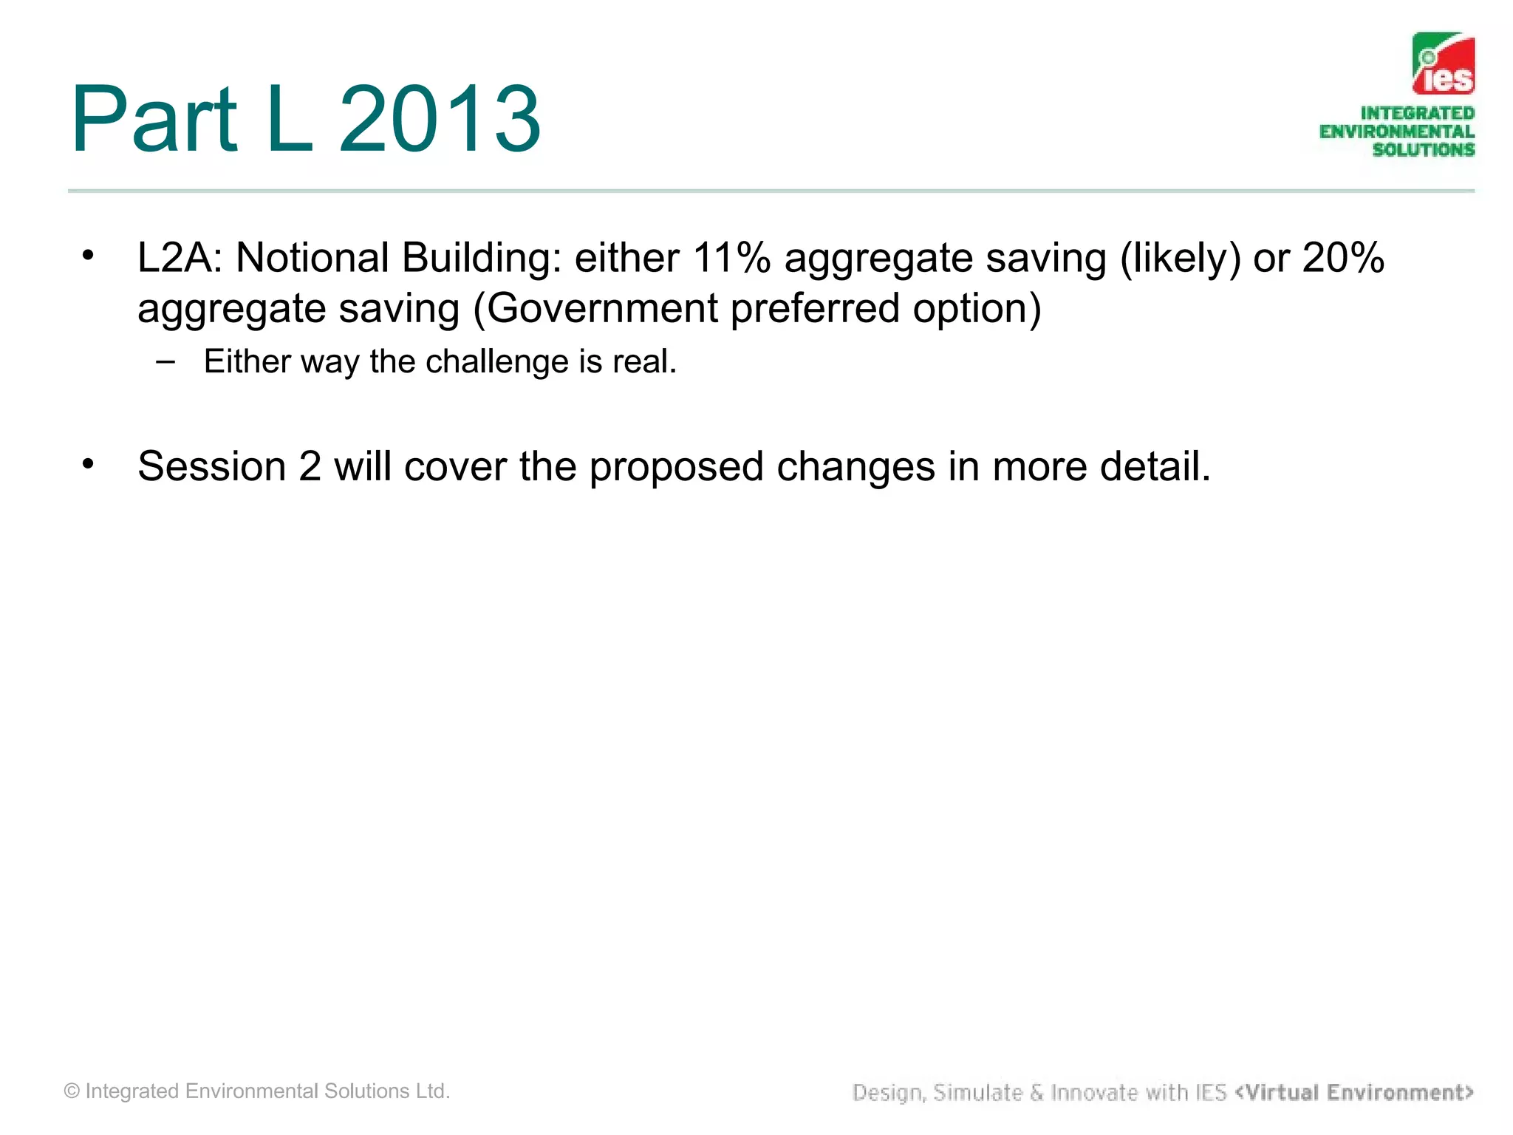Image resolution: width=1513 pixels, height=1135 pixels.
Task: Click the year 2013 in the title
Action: pos(440,120)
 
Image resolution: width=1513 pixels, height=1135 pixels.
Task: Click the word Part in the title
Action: pos(154,120)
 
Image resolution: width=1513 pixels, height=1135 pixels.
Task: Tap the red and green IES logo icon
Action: pos(1443,64)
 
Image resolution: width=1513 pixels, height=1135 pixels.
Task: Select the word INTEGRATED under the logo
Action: pos(1417,113)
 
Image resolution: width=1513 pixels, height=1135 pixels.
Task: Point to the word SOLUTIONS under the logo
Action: pos(1423,149)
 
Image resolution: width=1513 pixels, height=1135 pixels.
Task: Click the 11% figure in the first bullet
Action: pos(731,258)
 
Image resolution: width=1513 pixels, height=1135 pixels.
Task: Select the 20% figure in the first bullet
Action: pos(1342,258)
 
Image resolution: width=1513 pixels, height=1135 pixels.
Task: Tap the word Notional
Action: pos(312,258)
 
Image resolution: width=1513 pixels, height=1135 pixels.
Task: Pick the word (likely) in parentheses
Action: pos(1180,258)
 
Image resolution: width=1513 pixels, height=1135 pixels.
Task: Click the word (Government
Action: pos(595,308)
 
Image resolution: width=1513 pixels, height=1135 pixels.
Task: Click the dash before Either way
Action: pos(166,361)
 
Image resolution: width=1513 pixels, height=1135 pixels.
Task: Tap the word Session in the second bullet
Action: pos(212,466)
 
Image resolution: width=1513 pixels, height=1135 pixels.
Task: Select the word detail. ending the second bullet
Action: pos(1155,466)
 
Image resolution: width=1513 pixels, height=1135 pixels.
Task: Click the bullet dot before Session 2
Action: pos(89,464)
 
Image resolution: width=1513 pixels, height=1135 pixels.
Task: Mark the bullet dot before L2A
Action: pos(89,256)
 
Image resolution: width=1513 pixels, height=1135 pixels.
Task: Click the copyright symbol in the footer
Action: pos(72,1091)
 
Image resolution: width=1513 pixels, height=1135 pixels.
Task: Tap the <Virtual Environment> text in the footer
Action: pos(1354,1092)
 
